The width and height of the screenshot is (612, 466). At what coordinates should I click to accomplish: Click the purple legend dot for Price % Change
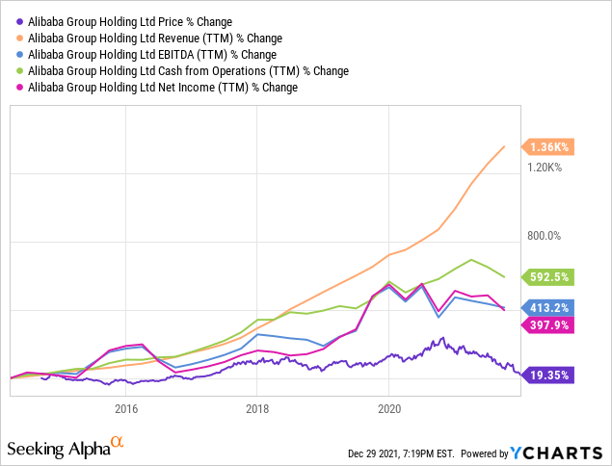coord(19,20)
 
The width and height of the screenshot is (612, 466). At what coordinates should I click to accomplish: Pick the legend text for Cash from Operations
coord(187,70)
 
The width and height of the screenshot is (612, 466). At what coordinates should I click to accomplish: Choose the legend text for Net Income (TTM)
coord(161,87)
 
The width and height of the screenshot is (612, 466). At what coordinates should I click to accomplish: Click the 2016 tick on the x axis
coord(126,408)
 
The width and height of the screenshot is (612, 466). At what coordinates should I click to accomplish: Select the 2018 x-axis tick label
coord(257,408)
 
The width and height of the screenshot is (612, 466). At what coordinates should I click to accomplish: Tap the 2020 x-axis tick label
coord(389,408)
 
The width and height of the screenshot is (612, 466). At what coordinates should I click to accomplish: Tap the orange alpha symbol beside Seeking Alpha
coord(117,442)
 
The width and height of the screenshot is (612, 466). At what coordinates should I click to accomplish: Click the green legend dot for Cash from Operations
coord(19,70)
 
